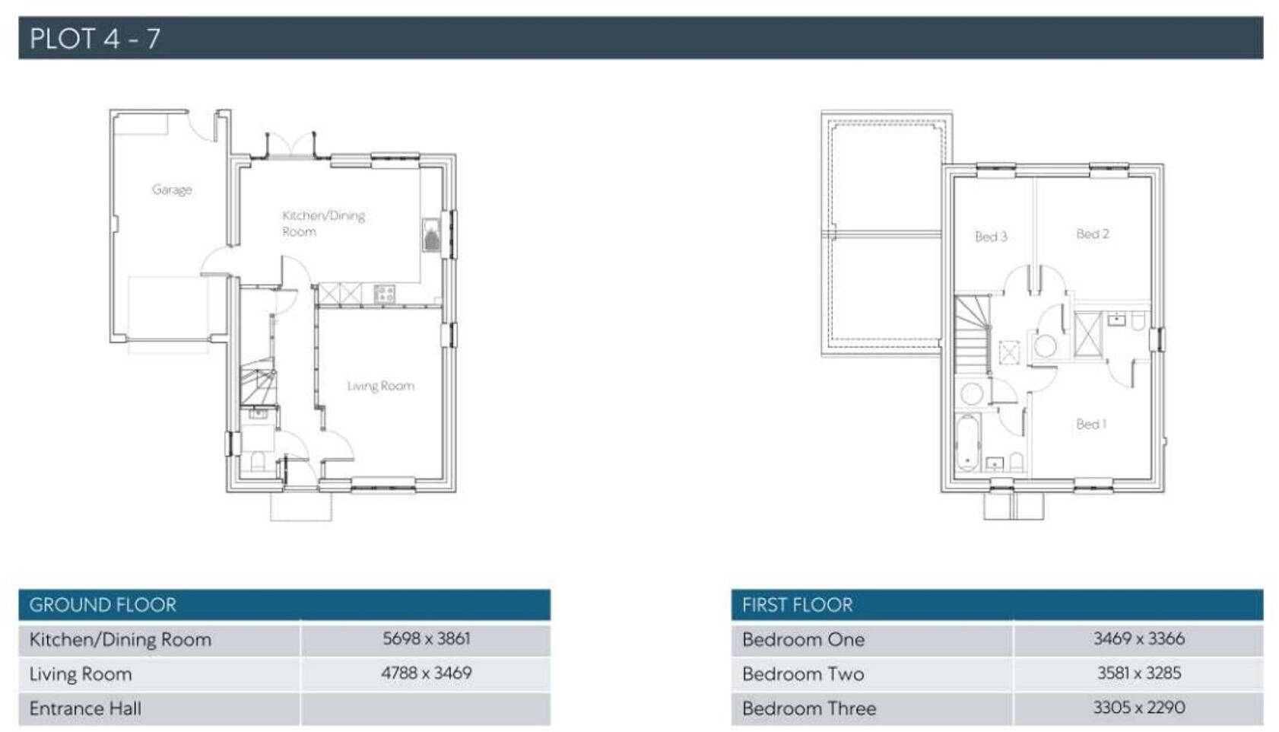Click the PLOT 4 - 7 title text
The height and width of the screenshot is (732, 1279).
95,38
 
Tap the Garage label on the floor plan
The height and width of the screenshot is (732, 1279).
172,189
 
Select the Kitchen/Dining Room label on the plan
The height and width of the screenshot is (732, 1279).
322,223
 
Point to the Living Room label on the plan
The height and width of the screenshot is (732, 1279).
380,386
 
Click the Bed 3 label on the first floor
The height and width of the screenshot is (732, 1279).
991,237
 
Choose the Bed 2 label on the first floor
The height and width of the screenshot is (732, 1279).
1092,234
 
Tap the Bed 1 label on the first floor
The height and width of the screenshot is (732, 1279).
1090,424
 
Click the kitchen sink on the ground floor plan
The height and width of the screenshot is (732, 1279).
432,235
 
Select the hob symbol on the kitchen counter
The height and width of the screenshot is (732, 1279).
384,293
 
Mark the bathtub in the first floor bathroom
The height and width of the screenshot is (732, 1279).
967,442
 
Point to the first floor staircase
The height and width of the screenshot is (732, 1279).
972,335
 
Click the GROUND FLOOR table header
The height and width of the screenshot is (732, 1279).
103,605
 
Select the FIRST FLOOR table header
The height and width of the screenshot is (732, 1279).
797,605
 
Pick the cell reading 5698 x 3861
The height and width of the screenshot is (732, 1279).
426,638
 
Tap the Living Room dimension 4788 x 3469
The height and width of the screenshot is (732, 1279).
426,673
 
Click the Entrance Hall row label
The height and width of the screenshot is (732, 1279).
85,708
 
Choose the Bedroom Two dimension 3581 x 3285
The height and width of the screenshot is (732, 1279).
1138,673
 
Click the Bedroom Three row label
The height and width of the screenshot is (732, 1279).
809,708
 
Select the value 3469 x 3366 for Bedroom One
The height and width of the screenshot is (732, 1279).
1138,638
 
